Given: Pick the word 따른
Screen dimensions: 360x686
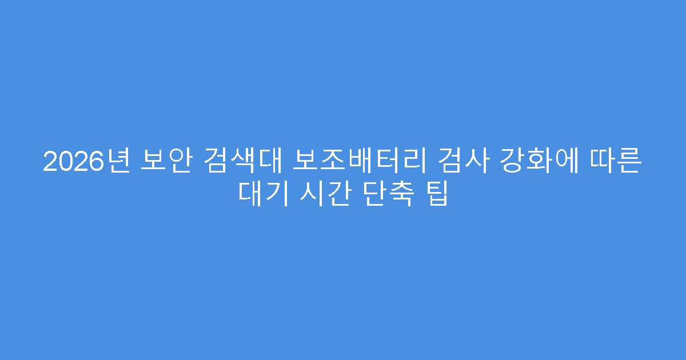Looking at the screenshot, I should pyautogui.click(x=620, y=162).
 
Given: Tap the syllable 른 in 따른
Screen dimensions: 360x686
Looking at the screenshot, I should pyautogui.click(x=632, y=162).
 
